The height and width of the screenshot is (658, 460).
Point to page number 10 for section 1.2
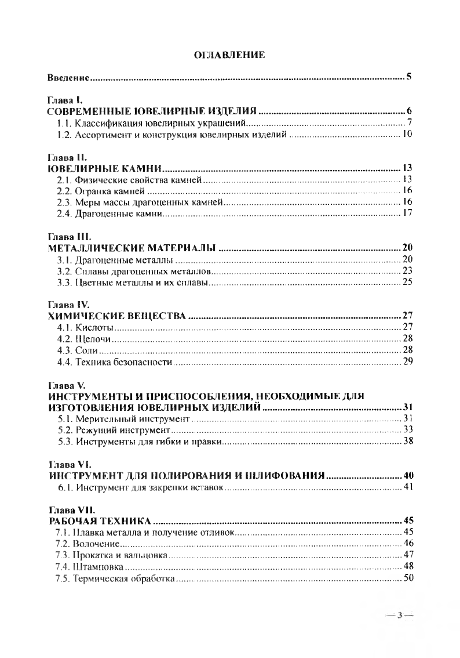tap(406, 135)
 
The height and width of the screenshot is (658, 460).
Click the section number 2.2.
tap(64, 191)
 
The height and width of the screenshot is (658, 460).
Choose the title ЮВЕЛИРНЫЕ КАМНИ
tap(103, 169)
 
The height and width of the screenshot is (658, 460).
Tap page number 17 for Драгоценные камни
tap(406, 214)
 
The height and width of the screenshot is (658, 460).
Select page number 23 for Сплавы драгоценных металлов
tap(406, 272)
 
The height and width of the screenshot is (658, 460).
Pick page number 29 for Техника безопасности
tap(406, 363)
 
